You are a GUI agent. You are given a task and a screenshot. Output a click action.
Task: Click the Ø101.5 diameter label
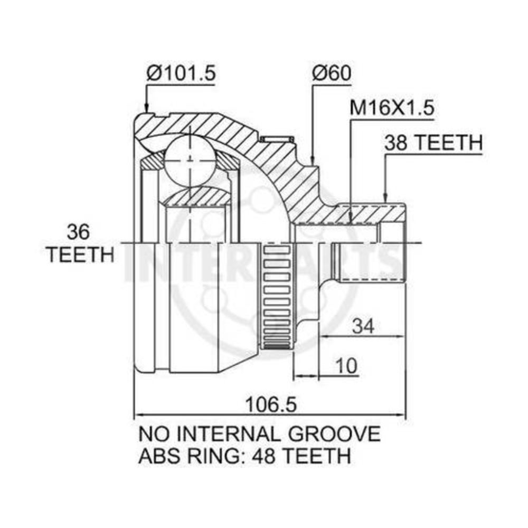[181, 73]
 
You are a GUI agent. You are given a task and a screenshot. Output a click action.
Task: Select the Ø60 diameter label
[332, 73]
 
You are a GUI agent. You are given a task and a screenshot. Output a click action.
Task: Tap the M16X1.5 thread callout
[392, 108]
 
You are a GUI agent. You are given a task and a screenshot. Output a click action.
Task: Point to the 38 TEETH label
[433, 143]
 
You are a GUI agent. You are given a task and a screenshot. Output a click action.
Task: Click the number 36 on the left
[78, 232]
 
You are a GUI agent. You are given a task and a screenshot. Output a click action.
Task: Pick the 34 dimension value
[363, 326]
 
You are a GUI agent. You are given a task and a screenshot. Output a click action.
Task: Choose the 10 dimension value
[346, 365]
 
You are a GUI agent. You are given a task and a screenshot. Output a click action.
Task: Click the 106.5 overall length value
[271, 404]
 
